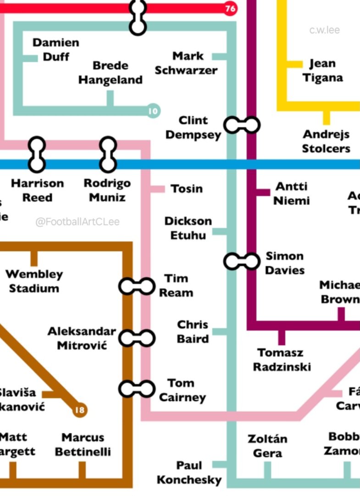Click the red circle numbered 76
tap(230, 9)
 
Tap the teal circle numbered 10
tap(153, 111)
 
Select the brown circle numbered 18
tap(80, 409)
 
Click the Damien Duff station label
tap(56, 50)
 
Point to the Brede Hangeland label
tap(110, 72)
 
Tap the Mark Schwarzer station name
tap(186, 63)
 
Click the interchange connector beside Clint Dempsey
tap(242, 125)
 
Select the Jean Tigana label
tap(322, 70)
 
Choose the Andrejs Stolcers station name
tap(326, 141)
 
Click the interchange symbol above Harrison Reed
tap(37, 154)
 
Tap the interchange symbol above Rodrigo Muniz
tap(108, 154)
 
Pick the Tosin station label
tap(186, 188)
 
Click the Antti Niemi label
tap(292, 193)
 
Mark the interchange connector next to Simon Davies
tap(242, 261)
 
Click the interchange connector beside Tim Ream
tap(137, 286)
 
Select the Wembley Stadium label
tap(34, 281)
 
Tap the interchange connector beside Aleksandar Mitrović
tap(137, 338)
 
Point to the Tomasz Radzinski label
tap(282, 360)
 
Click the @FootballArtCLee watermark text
tap(78, 222)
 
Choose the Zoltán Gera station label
tap(267, 446)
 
